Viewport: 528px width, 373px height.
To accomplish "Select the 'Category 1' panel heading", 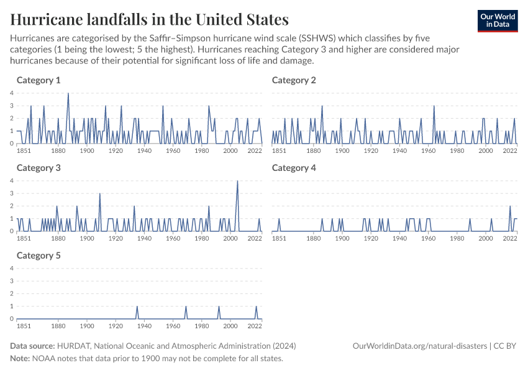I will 39,80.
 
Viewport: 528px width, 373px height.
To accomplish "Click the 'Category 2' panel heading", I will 294,80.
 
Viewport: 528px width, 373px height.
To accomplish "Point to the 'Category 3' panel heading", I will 39,168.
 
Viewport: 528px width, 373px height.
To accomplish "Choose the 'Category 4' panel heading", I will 294,168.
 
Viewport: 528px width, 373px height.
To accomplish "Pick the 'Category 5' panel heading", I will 39,256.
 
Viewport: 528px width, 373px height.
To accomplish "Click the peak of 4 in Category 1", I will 68,93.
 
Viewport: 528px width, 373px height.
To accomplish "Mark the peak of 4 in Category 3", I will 237,181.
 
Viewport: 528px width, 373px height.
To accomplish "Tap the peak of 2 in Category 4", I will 510,206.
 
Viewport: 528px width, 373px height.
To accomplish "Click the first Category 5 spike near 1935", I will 137,306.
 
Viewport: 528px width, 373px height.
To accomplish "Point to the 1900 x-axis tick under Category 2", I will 342,150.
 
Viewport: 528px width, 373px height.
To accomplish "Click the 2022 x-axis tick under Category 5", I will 255,326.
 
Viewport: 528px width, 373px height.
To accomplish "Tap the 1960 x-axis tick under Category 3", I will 173,238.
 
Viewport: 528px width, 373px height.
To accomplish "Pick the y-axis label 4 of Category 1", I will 12,93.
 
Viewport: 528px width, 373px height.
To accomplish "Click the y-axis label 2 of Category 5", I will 12,293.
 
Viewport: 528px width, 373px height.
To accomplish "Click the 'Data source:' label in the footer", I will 32,346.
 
